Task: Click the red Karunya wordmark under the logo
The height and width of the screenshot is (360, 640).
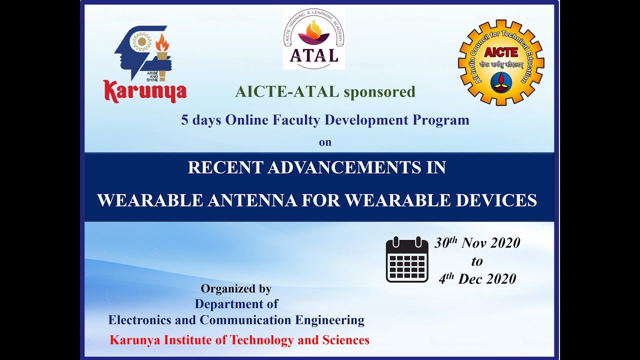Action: click(x=145, y=91)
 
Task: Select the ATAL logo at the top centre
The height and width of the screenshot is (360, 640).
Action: click(x=314, y=39)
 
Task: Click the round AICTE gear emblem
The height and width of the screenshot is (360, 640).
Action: click(x=500, y=62)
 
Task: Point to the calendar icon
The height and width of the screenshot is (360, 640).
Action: click(x=407, y=260)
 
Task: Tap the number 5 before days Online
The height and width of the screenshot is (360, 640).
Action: click(x=184, y=120)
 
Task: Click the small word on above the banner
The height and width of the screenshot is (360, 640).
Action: click(x=325, y=142)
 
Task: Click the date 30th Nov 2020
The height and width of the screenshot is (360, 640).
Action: click(x=477, y=243)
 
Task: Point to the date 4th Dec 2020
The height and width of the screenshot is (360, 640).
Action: click(x=477, y=279)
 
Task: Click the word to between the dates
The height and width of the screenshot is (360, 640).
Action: click(x=477, y=261)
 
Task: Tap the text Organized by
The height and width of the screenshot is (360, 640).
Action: click(x=236, y=288)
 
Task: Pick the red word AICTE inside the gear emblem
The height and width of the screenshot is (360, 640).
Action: click(x=501, y=53)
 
